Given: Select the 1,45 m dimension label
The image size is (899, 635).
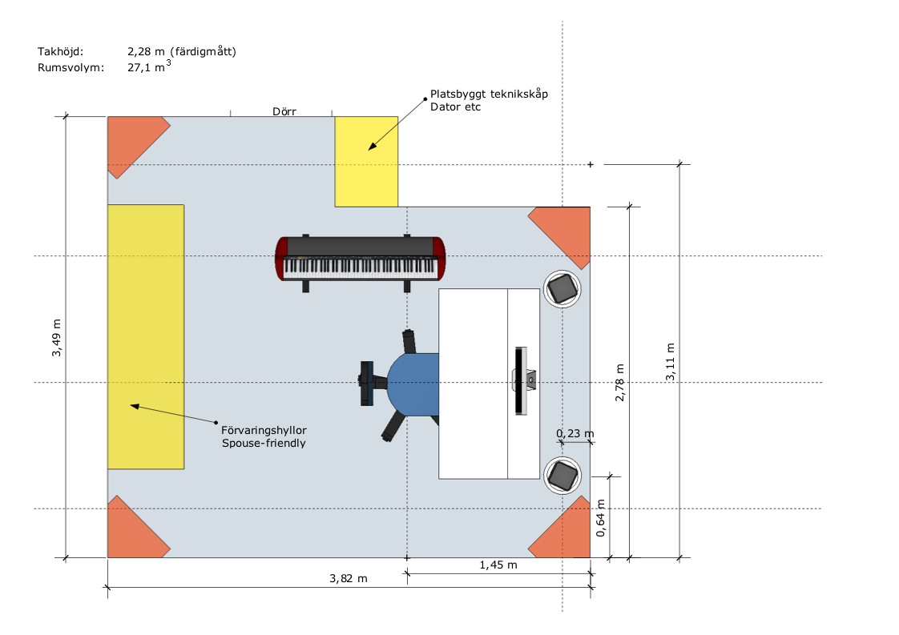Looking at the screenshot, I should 498,565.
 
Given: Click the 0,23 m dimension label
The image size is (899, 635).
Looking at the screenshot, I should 575,434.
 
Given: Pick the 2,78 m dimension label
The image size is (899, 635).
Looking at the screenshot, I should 619,381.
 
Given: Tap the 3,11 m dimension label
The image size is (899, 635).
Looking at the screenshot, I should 670,363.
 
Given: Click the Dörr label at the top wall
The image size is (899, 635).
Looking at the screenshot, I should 284,112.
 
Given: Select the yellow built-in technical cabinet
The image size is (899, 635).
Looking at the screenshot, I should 366,161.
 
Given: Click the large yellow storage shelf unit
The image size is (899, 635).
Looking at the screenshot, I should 146,336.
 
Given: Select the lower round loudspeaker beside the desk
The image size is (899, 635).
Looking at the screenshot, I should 562,476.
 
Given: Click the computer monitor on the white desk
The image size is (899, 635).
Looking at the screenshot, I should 520,380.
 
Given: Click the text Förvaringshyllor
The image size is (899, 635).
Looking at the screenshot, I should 264,429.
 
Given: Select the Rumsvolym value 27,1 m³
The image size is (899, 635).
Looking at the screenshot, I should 149,68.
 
